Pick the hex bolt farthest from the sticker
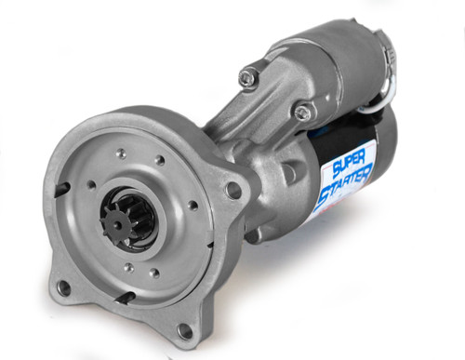click(246, 77)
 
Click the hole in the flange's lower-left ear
click(65, 288)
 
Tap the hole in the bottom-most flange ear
click(185, 331)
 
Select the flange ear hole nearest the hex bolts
click(233, 191)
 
